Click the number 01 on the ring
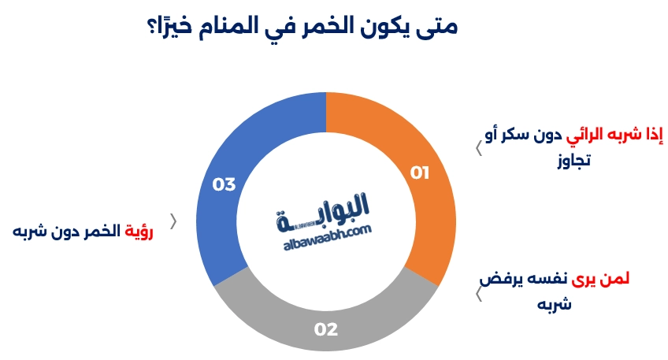(420, 173)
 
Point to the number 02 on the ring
(325, 328)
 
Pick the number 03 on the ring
(224, 185)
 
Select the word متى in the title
(436, 25)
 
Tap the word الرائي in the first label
(588, 134)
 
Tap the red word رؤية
(139, 231)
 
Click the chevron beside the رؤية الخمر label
(173, 221)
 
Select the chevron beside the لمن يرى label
(479, 295)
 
